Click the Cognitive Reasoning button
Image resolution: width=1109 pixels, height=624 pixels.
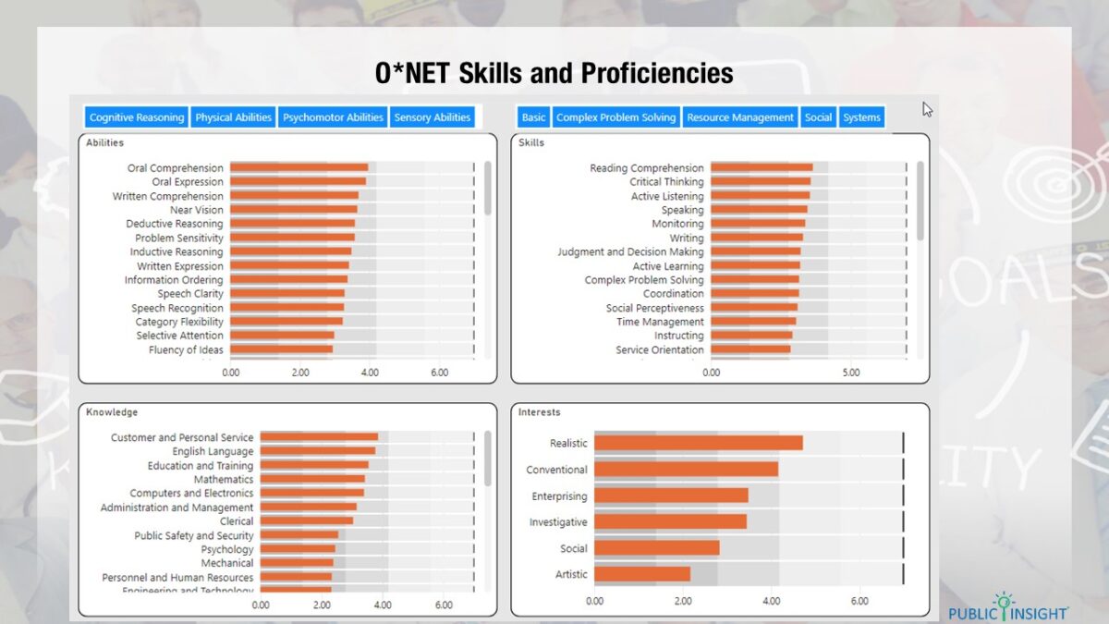136,117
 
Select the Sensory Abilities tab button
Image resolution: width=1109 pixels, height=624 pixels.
433,117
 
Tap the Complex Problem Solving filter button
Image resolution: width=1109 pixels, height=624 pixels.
615,117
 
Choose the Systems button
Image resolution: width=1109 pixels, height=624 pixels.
861,117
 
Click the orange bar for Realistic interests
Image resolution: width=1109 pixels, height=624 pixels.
698,443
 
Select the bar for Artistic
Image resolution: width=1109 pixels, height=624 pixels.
641,574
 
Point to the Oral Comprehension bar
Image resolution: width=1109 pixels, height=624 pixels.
299,167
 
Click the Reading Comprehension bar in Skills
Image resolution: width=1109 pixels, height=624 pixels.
762,167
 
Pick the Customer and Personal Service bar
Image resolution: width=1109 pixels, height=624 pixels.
319,437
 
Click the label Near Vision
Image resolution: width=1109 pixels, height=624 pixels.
196,210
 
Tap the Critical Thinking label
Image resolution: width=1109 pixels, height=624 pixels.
666,182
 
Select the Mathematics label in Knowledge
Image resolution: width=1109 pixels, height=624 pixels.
223,480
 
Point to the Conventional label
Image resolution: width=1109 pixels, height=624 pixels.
556,470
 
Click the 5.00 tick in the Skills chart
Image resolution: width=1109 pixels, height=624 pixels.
851,373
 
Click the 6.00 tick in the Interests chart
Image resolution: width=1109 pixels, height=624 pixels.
859,601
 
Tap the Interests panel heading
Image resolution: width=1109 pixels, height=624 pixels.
539,412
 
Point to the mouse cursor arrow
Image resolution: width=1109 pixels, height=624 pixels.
927,108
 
